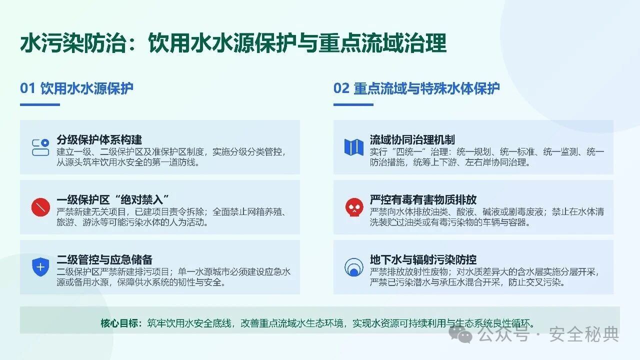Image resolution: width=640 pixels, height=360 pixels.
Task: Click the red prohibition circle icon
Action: pyautogui.click(x=40, y=207)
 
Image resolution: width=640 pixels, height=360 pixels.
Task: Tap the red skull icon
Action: pyautogui.click(x=354, y=207)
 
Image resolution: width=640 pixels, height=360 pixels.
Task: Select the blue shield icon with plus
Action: pyautogui.click(x=40, y=267)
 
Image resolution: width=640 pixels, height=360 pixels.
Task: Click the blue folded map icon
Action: pyautogui.click(x=354, y=147)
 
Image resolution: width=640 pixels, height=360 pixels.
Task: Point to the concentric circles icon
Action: pyautogui.click(x=354, y=267)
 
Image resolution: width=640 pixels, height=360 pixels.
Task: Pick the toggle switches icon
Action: pyautogui.click(x=40, y=147)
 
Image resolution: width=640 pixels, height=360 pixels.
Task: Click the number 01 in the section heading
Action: pyautogui.click(x=27, y=88)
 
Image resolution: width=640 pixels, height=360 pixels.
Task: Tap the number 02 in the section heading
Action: pyautogui.click(x=341, y=88)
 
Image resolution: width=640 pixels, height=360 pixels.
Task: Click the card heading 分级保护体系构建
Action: pyautogui.click(x=99, y=139)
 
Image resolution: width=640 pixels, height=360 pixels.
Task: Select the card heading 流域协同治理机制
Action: pyautogui.click(x=412, y=139)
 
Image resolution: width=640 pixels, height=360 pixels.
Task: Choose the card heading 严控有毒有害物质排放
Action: pyautogui.click(x=423, y=199)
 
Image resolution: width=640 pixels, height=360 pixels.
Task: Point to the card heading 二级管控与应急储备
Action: pyautogui.click(x=104, y=259)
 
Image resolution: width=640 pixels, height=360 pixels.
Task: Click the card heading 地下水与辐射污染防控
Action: pyautogui.click(x=423, y=259)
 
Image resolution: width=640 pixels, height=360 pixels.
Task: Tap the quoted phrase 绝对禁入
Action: pyautogui.click(x=141, y=199)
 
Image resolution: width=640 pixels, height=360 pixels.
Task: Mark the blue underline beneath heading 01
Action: pyautogui.click(x=39, y=104)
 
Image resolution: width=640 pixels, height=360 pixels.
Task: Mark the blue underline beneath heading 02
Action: pyautogui.click(x=353, y=104)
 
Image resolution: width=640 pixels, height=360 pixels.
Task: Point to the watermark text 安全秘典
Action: pyautogui.click(x=584, y=333)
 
